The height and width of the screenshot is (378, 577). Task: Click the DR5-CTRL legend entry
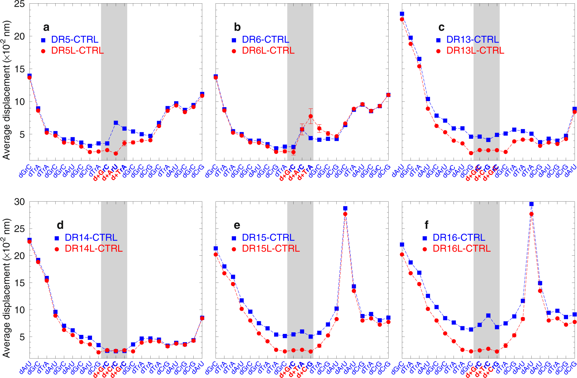(74, 39)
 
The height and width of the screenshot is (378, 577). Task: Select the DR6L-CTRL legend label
(268, 51)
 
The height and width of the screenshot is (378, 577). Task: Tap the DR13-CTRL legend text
(472, 39)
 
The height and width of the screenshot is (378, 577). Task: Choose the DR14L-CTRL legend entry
(94, 249)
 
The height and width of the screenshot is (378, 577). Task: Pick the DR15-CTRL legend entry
(268, 238)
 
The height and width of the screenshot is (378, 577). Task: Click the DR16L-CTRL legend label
(461, 249)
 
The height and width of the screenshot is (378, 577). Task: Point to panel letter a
(46, 27)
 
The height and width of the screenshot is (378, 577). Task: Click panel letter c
(441, 27)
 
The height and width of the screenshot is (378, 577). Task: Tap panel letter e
(237, 225)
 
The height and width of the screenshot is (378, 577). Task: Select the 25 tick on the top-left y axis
(20, 4)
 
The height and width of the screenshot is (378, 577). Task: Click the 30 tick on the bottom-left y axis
(20, 202)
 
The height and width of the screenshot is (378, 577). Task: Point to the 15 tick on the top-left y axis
(20, 69)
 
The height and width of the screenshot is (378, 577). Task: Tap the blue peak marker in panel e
(345, 208)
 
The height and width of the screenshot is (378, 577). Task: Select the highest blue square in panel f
(531, 204)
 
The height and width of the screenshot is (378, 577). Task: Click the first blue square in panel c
(402, 14)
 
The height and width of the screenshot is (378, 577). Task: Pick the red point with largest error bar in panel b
(311, 116)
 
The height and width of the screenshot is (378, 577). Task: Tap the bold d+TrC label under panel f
(482, 370)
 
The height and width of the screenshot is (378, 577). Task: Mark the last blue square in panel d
(202, 317)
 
